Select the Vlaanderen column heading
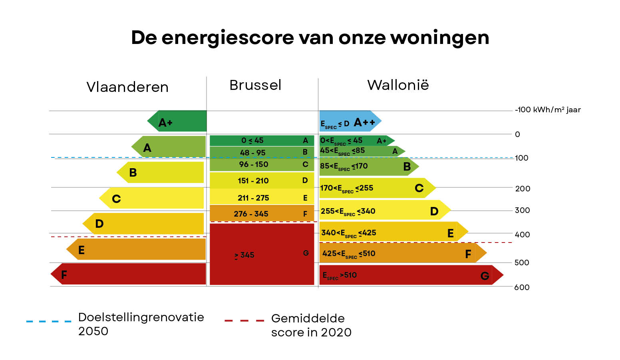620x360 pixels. click(127, 87)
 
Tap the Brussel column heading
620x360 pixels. click(255, 85)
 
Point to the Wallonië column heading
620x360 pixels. click(398, 85)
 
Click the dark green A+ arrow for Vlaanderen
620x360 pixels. click(178, 121)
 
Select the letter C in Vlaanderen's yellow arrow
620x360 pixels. click(116, 199)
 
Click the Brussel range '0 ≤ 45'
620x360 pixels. click(252, 141)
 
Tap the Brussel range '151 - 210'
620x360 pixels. click(253, 181)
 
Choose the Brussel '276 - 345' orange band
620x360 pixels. click(261, 213)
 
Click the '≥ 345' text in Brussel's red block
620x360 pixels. click(244, 255)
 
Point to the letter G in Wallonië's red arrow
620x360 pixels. click(485, 276)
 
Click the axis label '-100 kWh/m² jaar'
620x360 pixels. click(548, 110)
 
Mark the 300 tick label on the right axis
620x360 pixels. click(522, 211)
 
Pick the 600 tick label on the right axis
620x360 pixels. click(522, 287)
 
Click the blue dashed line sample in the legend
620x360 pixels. click(48, 321)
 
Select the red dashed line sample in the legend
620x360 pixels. click(244, 320)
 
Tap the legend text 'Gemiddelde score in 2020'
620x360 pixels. click(311, 325)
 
